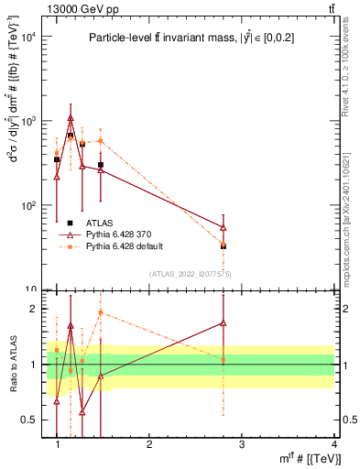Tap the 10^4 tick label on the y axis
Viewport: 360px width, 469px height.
pos(27,37)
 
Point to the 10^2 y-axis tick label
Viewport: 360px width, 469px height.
pos(27,205)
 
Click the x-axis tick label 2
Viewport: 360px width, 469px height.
pos(149,443)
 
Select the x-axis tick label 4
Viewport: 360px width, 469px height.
pos(334,443)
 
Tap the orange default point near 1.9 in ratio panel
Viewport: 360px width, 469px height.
pos(100,312)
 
